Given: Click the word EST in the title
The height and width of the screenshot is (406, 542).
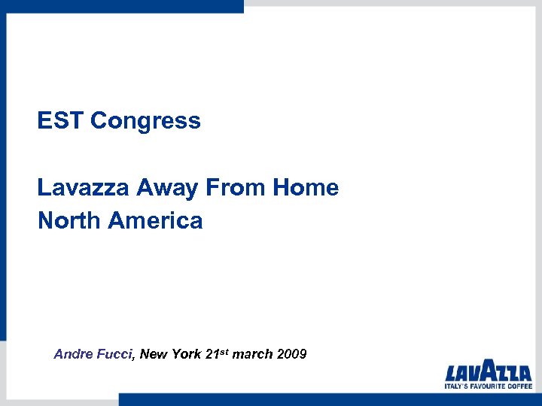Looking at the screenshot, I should (60, 120).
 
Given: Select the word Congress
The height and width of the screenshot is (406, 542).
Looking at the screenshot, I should (145, 121).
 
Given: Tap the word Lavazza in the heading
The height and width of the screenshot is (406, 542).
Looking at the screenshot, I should (84, 188).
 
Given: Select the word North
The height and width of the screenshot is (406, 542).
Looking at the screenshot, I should (69, 220).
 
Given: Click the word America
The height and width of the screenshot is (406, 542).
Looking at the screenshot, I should (156, 220).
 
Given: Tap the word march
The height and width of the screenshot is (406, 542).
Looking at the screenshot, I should (252, 353).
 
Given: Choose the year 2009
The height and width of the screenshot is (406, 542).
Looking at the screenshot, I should (291, 353).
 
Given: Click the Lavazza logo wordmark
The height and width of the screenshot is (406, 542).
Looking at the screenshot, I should (488, 372).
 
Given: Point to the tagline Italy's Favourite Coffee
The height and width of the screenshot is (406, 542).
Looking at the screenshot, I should (488, 386).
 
